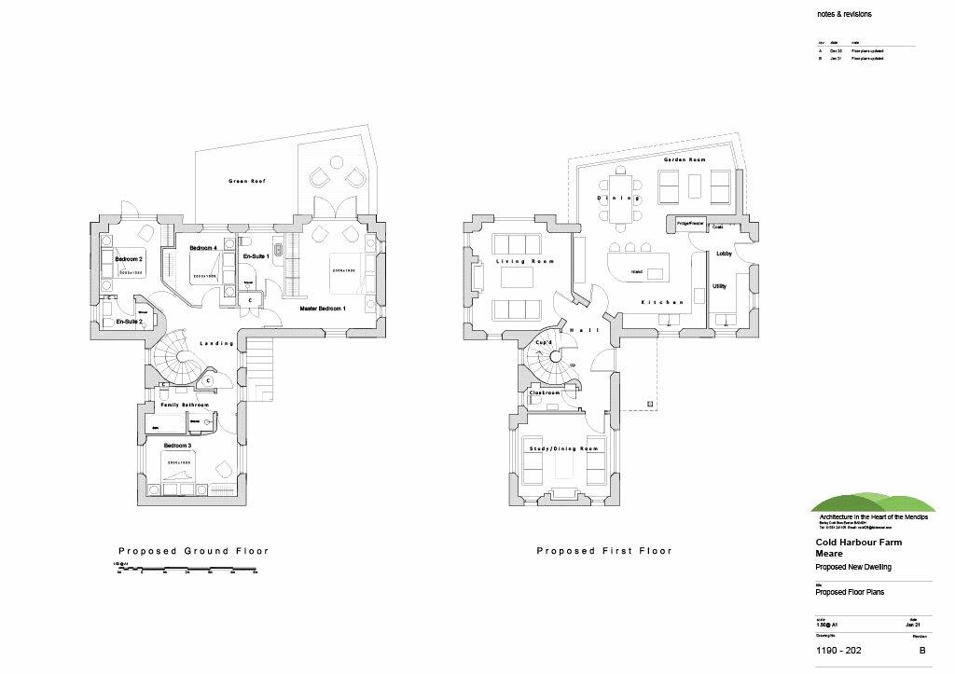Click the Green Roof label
247,181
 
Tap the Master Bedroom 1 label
323,308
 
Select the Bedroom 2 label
129,258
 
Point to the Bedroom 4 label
202,248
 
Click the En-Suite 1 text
256,255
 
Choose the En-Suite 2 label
129,321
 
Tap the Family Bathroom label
185,405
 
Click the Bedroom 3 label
177,447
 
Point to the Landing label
216,344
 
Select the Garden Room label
684,160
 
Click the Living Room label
525,261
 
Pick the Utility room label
719,286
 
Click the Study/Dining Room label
562,448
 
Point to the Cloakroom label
544,393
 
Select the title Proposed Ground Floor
193,551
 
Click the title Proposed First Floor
603,551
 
